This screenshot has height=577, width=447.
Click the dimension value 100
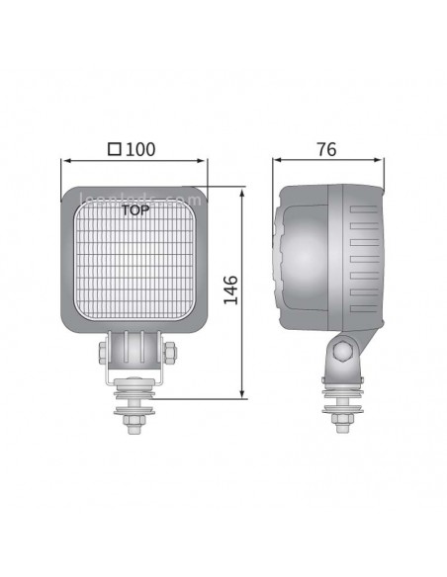click(x=141, y=149)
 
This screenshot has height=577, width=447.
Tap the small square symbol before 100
click(x=115, y=150)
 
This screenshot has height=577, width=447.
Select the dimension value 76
click(x=326, y=149)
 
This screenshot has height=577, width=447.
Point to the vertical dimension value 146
click(x=230, y=291)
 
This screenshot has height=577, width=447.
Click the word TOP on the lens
click(x=134, y=209)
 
